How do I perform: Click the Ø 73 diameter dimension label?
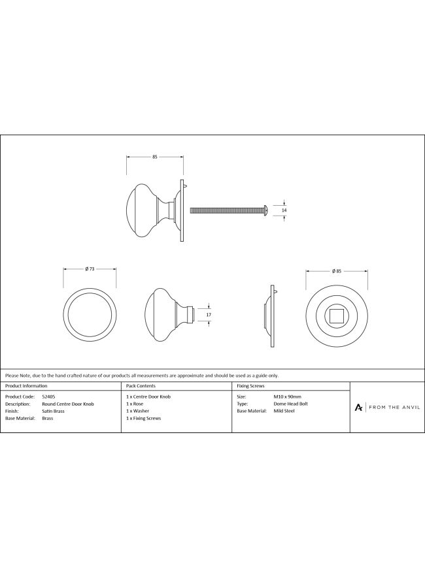tap(90, 268)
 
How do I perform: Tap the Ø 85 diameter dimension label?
tap(337, 271)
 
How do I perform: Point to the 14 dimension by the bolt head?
tap(284, 210)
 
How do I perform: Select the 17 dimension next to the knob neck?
tap(209, 315)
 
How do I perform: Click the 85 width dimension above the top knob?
tap(154, 157)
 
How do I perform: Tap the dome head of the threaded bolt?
tap(266, 210)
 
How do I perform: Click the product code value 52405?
tap(49, 397)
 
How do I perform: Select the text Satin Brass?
tap(53, 411)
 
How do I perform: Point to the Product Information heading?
tap(26, 386)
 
